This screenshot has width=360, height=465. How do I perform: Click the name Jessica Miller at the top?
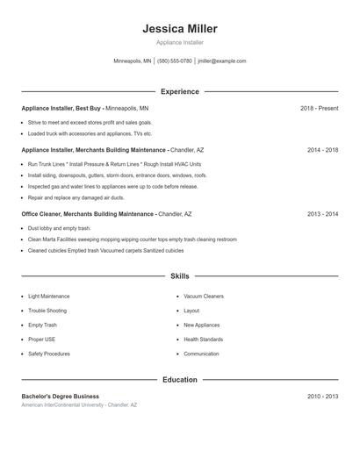179,29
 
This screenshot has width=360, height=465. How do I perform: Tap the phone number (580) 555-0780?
175,61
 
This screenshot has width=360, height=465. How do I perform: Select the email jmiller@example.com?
222,61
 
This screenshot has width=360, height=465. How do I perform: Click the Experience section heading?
179,91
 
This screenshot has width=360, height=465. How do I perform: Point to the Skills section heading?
179,275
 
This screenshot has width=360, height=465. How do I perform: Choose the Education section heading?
179,380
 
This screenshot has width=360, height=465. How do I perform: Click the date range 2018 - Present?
319,108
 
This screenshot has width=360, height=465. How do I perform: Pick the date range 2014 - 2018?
322,150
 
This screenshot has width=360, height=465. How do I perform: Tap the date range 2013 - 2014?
322,213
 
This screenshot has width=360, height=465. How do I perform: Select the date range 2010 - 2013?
322,397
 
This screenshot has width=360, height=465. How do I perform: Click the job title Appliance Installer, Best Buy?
61,108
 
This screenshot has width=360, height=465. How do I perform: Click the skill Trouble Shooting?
47,311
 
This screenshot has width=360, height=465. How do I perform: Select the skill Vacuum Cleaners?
204,297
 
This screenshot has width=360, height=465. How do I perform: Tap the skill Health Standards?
203,340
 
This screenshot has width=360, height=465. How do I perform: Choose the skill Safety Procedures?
49,354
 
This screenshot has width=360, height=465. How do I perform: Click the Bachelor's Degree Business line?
61,397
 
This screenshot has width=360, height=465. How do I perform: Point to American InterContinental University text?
79,405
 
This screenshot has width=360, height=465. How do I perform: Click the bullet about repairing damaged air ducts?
76,198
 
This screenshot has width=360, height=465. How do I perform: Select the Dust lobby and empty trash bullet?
58,227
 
